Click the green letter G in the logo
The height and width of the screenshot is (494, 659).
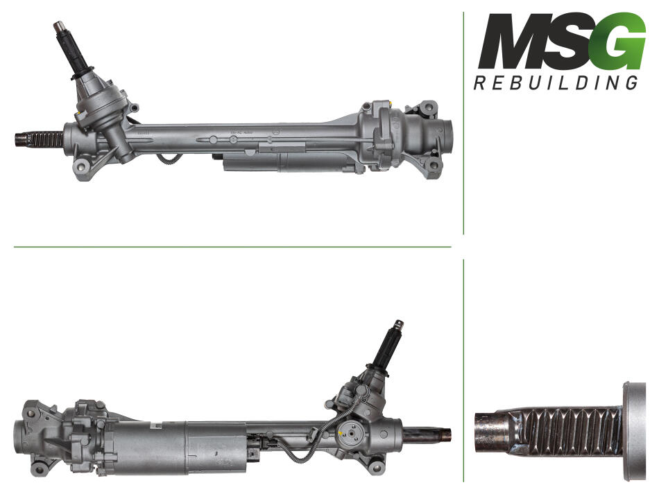click(x=621, y=42)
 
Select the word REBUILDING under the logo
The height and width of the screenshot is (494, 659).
click(x=556, y=82)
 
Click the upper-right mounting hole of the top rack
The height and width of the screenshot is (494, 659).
click(x=430, y=107)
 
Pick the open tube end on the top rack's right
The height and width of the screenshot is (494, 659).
click(x=446, y=136)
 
